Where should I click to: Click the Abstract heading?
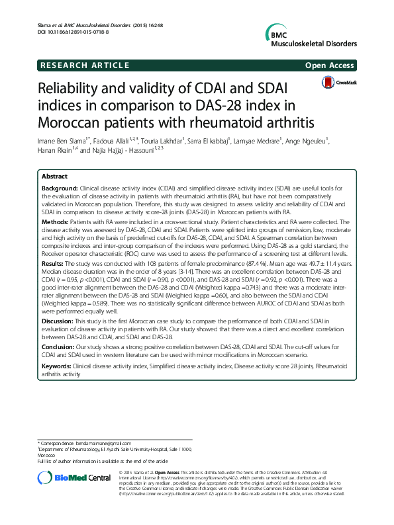coord(54,177)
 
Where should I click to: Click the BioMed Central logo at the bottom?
coord(70,478)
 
